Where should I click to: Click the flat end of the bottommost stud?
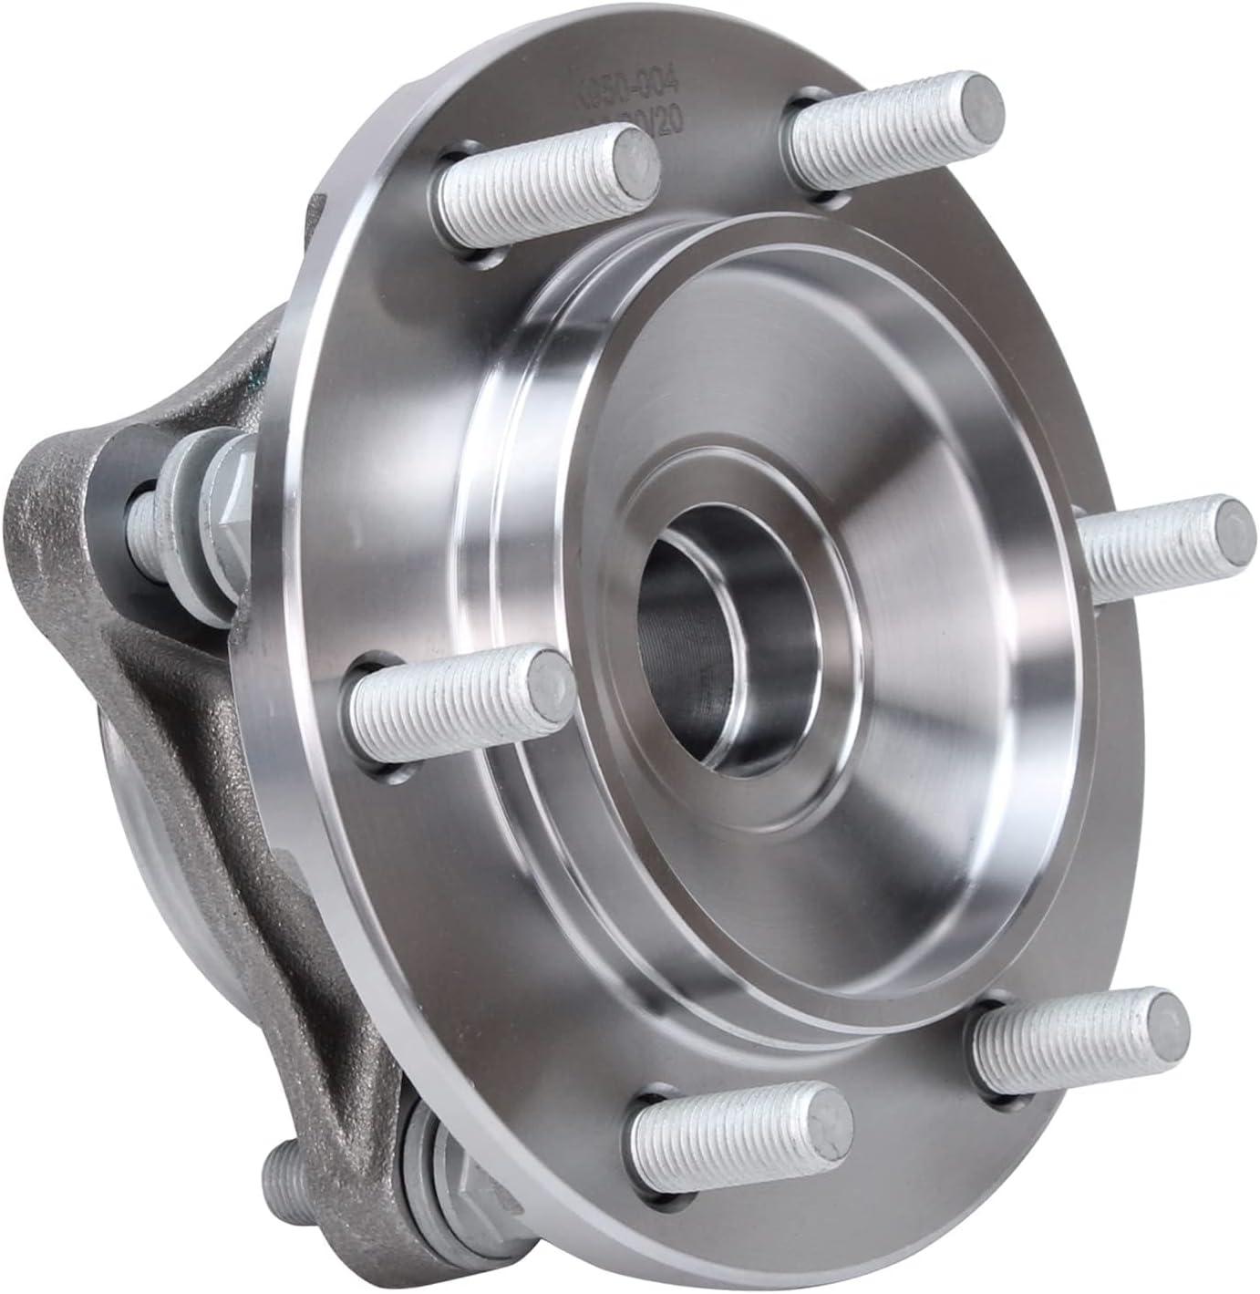click(825, 1118)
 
